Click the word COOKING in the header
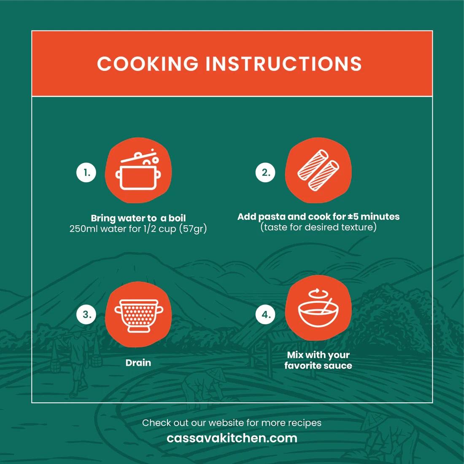point(148,63)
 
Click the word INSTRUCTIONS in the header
point(283,63)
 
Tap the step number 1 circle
point(86,172)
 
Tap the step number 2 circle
point(265,172)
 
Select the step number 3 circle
point(86,314)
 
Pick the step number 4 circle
point(265,314)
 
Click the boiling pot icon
point(138,170)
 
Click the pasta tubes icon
point(318,170)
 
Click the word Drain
point(138,363)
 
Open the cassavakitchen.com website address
point(232,438)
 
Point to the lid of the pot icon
point(138,156)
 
